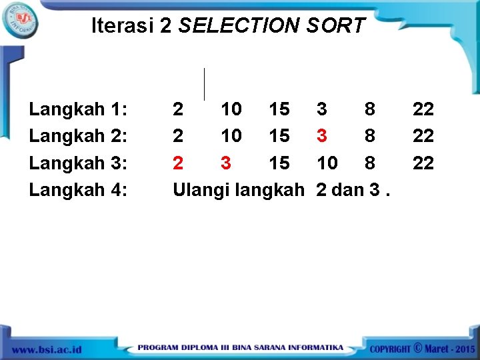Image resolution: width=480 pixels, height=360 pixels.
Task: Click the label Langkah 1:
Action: (x=79, y=108)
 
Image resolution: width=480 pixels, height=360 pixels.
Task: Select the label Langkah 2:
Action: (x=79, y=135)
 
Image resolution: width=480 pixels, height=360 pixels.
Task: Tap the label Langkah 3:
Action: (x=79, y=163)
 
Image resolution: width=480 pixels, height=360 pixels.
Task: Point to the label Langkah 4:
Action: (x=79, y=190)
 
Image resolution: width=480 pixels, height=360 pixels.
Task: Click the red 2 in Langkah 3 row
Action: (x=178, y=163)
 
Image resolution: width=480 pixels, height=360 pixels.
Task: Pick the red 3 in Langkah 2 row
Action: (x=322, y=135)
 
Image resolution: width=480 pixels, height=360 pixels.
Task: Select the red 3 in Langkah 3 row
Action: (x=226, y=163)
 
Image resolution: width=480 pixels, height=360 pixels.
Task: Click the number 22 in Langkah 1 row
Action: (x=423, y=108)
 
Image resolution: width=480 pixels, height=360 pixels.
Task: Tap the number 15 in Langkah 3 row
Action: (x=279, y=163)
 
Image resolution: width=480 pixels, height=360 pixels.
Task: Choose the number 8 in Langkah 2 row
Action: (x=370, y=135)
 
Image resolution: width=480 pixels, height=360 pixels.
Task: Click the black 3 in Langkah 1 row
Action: (x=322, y=108)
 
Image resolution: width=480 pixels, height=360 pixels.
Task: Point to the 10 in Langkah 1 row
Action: (x=231, y=108)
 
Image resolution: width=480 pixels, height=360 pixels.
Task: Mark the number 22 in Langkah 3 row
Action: (x=423, y=163)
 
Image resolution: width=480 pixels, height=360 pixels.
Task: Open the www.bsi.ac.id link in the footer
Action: (x=46, y=349)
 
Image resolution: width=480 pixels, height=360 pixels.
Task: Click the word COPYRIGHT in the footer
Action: (x=391, y=349)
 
